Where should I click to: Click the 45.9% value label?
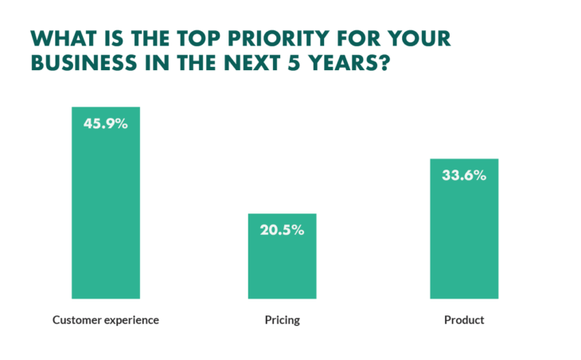click(x=106, y=124)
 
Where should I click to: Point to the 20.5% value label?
click(x=282, y=231)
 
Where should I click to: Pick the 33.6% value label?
click(x=464, y=176)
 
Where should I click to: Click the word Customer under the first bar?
click(x=76, y=320)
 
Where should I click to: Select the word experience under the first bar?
click(x=131, y=321)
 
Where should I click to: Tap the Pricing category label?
click(x=282, y=321)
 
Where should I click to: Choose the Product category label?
click(x=464, y=320)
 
